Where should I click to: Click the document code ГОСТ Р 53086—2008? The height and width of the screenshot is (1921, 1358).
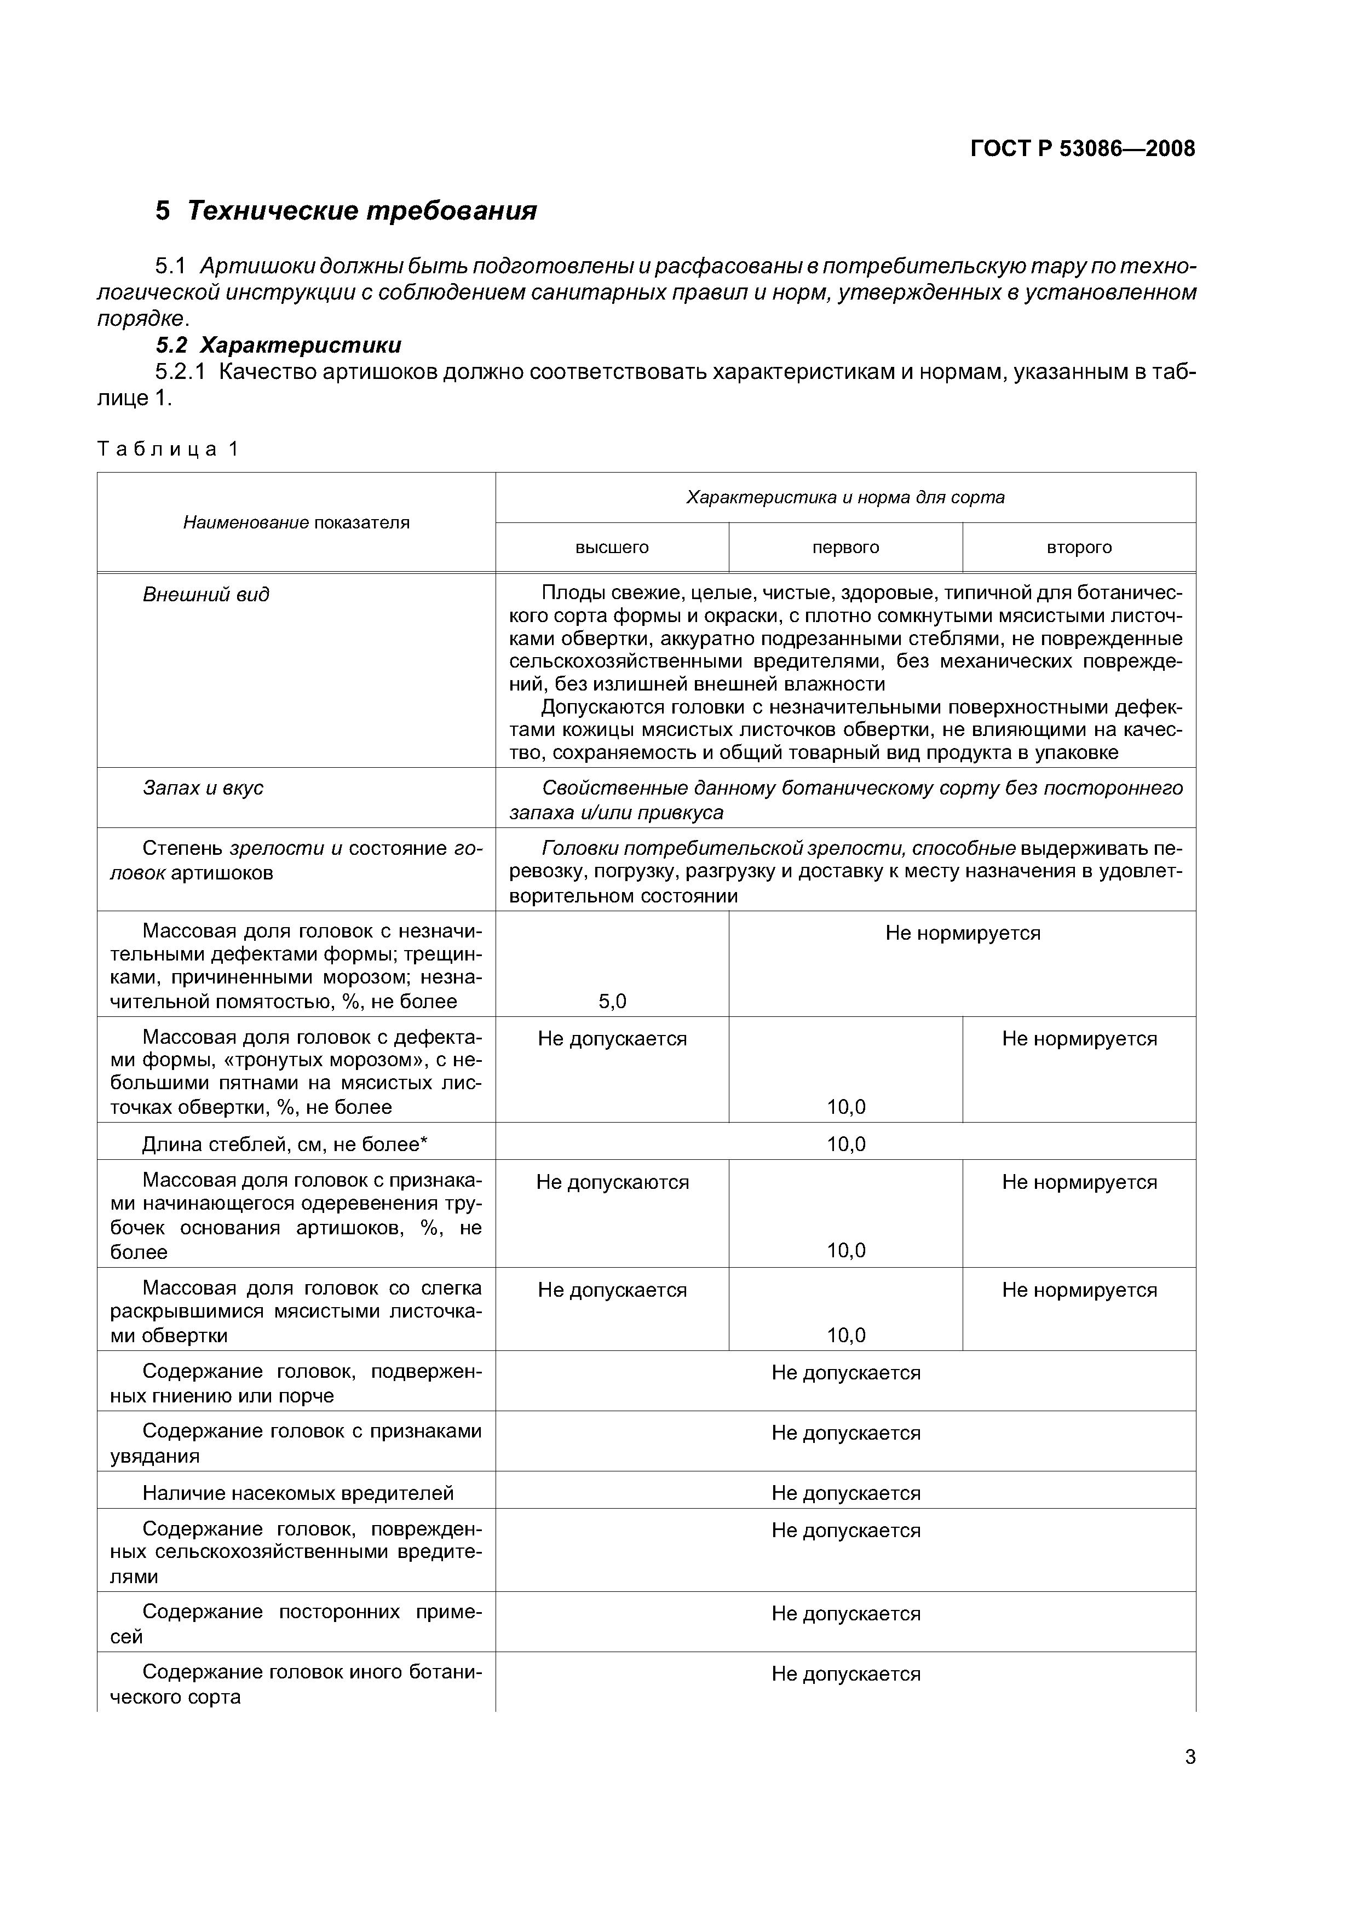1083,149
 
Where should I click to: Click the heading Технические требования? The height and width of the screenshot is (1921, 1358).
361,210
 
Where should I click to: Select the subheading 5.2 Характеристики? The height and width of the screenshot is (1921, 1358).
279,344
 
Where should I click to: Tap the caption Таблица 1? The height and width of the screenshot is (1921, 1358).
168,449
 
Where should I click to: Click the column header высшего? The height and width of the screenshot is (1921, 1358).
612,547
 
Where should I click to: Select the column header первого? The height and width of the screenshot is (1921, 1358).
845,547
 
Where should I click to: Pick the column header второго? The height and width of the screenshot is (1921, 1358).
1079,547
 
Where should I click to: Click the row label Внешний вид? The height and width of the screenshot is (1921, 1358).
206,595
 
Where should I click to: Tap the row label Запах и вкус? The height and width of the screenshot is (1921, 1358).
203,788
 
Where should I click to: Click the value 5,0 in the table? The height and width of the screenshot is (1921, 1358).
612,1002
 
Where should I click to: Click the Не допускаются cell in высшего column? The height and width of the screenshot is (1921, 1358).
612,1182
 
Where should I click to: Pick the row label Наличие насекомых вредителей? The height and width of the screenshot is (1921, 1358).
298,1493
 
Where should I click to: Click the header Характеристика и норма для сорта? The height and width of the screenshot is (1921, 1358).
845,498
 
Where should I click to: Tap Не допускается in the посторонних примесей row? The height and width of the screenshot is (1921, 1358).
845,1614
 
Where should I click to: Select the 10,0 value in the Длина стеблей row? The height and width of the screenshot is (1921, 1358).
845,1144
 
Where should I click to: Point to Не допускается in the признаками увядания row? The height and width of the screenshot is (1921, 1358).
845,1433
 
